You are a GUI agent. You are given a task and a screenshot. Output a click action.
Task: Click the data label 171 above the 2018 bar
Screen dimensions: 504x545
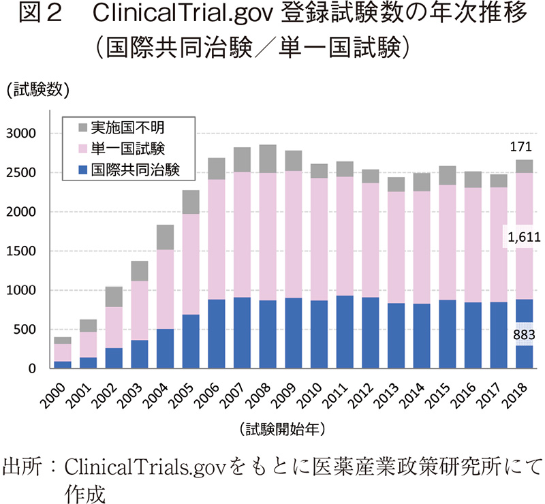[x=523, y=147]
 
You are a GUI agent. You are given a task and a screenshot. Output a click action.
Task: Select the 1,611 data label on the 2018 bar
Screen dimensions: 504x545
[x=523, y=237]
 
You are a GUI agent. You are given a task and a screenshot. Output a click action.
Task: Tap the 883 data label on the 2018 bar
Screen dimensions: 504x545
[x=523, y=334]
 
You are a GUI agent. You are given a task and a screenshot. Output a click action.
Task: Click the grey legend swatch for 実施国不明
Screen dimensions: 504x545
[x=82, y=127]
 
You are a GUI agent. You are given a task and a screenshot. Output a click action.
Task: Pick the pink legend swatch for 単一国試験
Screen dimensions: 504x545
[x=82, y=148]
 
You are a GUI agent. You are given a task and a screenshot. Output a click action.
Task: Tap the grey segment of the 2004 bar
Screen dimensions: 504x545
[x=166, y=237]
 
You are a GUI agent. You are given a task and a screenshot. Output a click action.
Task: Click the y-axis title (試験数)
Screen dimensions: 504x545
[x=34, y=89]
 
